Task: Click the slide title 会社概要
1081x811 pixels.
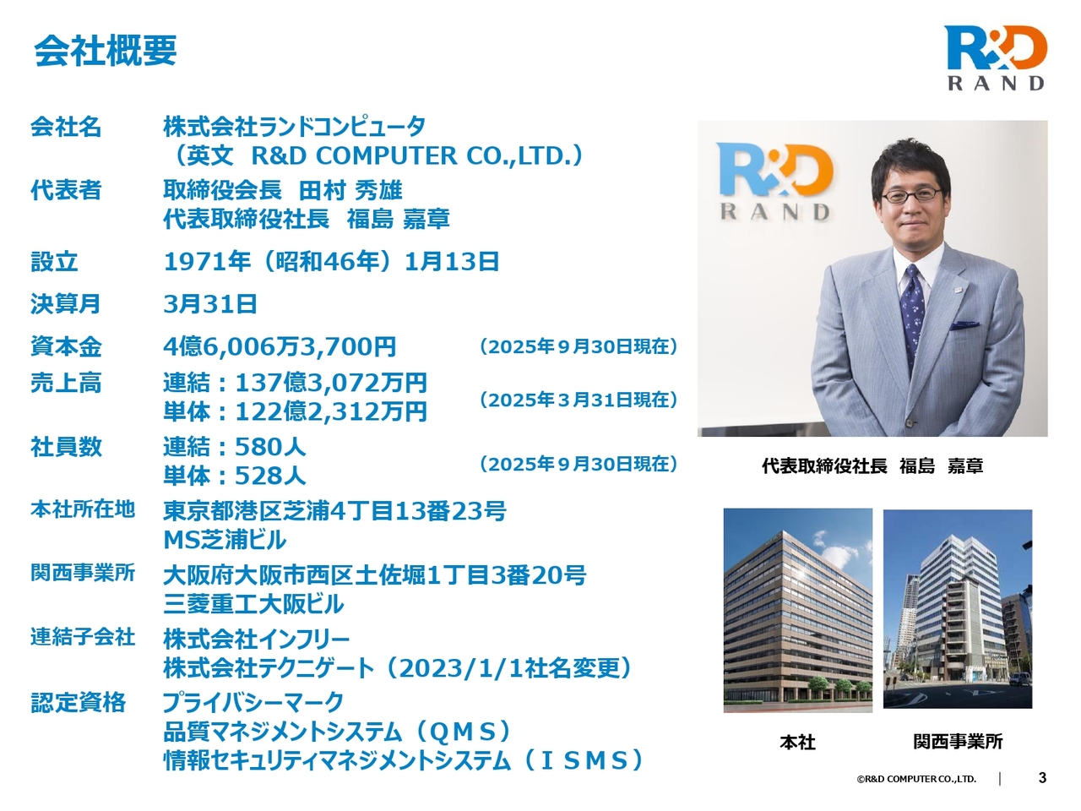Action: [x=106, y=50]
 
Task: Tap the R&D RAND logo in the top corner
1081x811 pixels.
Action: [x=995, y=58]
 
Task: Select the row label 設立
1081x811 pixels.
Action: [x=54, y=262]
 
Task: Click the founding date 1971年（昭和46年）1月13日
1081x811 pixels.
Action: [x=331, y=262]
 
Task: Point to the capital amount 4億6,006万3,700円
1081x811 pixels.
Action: [x=280, y=346]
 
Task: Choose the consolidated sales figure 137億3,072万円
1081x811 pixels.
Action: [x=331, y=383]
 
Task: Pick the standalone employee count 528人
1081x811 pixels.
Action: [x=270, y=476]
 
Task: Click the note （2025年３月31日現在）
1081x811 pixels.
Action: [x=579, y=400]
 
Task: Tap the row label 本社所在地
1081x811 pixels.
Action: [x=83, y=509]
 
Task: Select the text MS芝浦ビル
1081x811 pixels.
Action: [x=225, y=540]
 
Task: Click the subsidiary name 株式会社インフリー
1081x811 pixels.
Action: [x=256, y=640]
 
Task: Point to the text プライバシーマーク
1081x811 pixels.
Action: [x=253, y=702]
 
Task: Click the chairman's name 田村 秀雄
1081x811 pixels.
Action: [x=350, y=190]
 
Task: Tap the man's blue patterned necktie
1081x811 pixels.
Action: [x=912, y=315]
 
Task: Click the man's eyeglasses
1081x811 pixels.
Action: [x=911, y=195]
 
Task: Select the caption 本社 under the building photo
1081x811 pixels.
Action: [x=797, y=742]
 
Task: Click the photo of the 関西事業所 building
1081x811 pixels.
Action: [x=958, y=608]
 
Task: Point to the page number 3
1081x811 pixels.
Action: [x=1042, y=778]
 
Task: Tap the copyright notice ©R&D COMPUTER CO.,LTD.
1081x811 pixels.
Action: [x=916, y=779]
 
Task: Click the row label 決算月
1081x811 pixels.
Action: [x=66, y=304]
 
